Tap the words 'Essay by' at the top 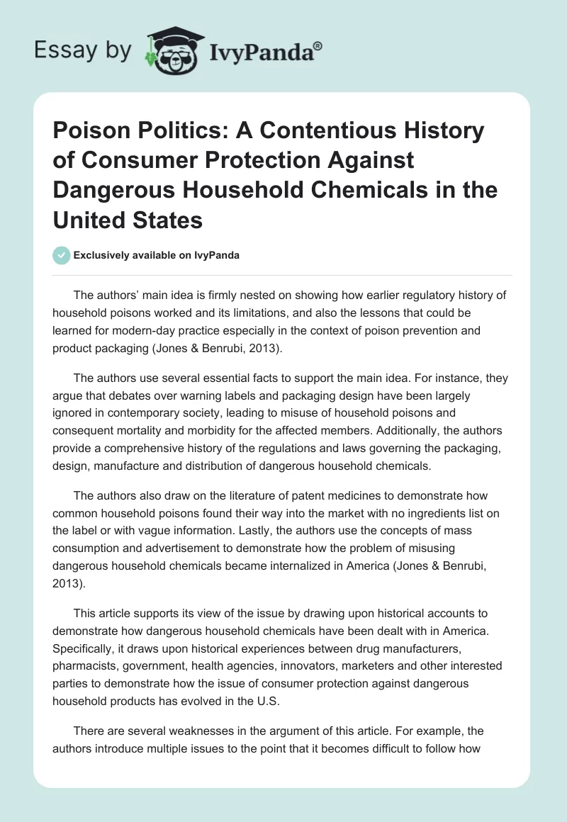pos(84,50)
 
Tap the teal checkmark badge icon pos(62,255)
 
